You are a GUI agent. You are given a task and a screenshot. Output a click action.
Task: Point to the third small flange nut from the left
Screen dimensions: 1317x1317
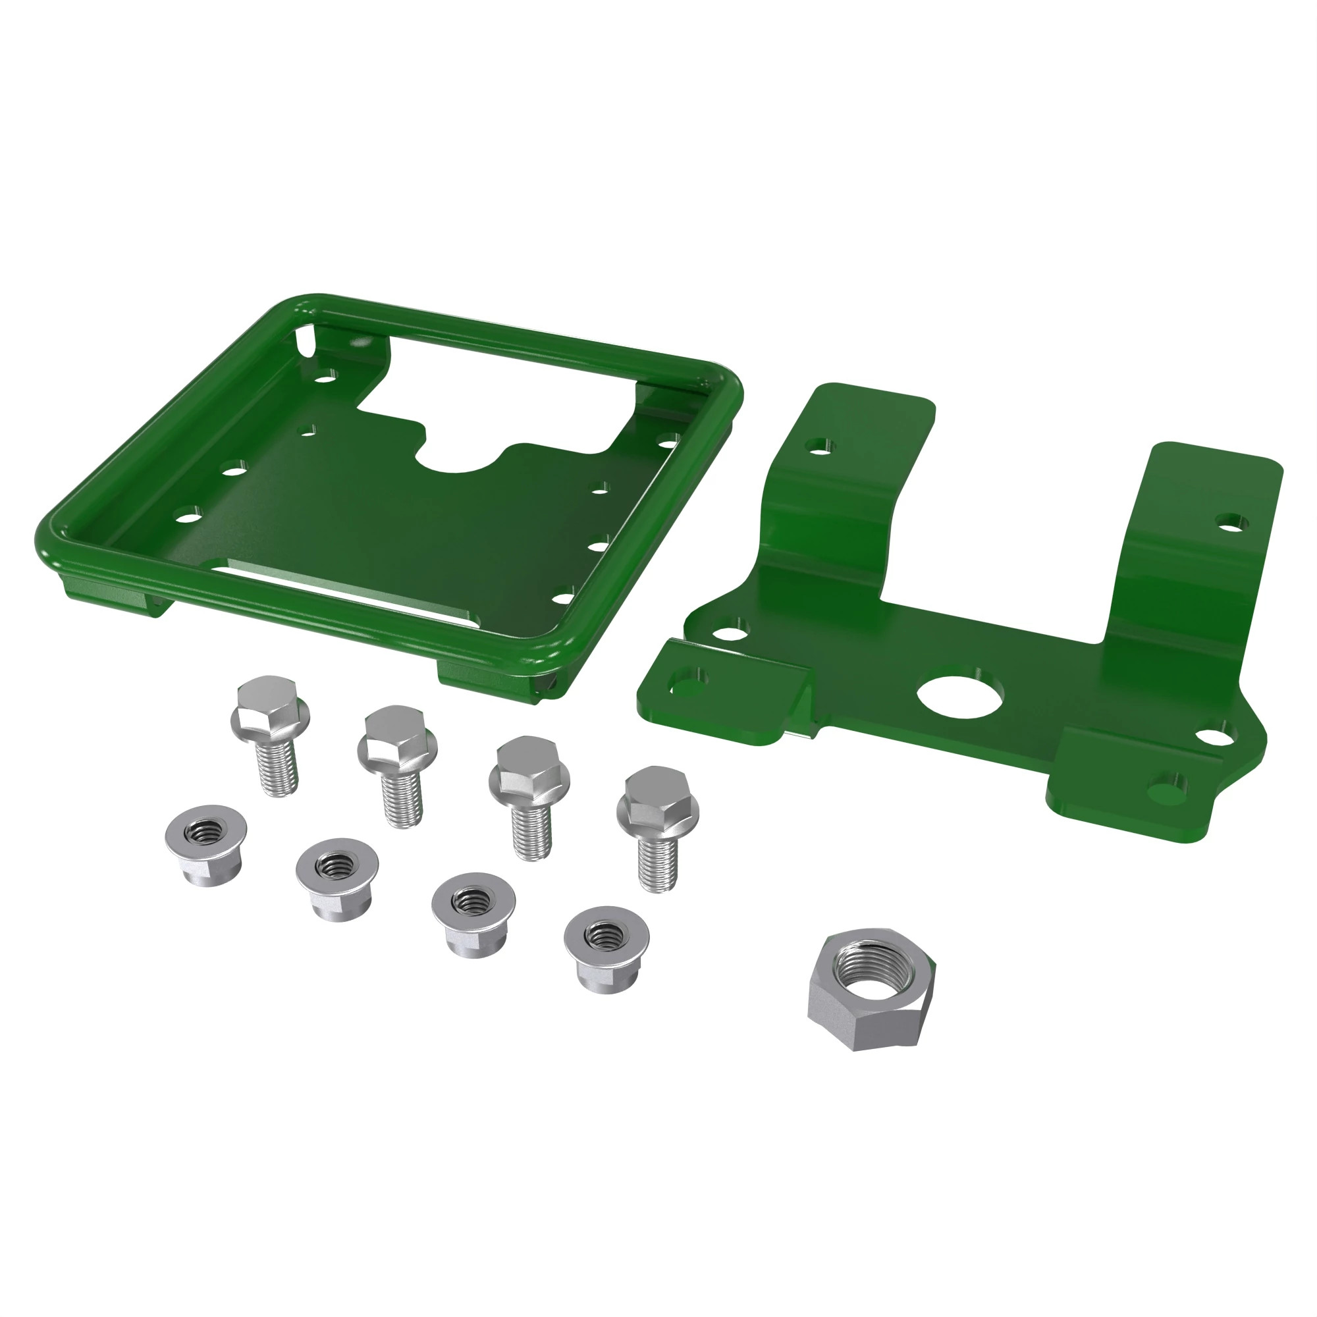pos(473,913)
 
